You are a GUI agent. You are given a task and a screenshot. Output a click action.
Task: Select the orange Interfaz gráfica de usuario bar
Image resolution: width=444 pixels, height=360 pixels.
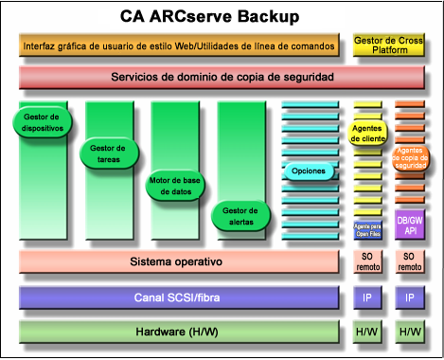point(178,45)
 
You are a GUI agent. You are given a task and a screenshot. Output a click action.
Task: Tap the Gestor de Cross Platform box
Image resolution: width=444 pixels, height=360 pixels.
point(388,45)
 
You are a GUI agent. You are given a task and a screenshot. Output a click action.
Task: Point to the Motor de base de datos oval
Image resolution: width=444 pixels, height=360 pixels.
point(174,185)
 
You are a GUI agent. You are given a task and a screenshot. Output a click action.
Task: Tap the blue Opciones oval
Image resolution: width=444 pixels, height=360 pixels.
point(309,171)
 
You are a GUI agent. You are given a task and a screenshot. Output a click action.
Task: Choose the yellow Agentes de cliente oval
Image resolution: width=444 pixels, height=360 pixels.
point(367,133)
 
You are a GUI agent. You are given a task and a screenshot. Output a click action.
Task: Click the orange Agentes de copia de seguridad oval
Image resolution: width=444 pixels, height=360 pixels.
point(410,157)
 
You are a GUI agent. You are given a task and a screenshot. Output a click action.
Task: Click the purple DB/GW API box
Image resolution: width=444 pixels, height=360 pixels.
point(410,224)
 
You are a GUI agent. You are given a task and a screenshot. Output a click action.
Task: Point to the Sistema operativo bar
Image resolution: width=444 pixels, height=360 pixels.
point(176,261)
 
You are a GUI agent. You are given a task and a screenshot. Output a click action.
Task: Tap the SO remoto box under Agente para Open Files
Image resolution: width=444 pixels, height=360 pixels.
point(367,262)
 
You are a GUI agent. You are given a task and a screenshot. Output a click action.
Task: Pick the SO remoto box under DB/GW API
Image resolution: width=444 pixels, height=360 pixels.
point(410,262)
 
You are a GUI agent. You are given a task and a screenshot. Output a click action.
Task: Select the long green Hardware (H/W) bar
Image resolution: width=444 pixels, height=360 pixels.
point(177,332)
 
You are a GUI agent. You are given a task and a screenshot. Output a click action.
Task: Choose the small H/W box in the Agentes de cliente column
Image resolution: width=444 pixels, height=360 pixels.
point(367,332)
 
